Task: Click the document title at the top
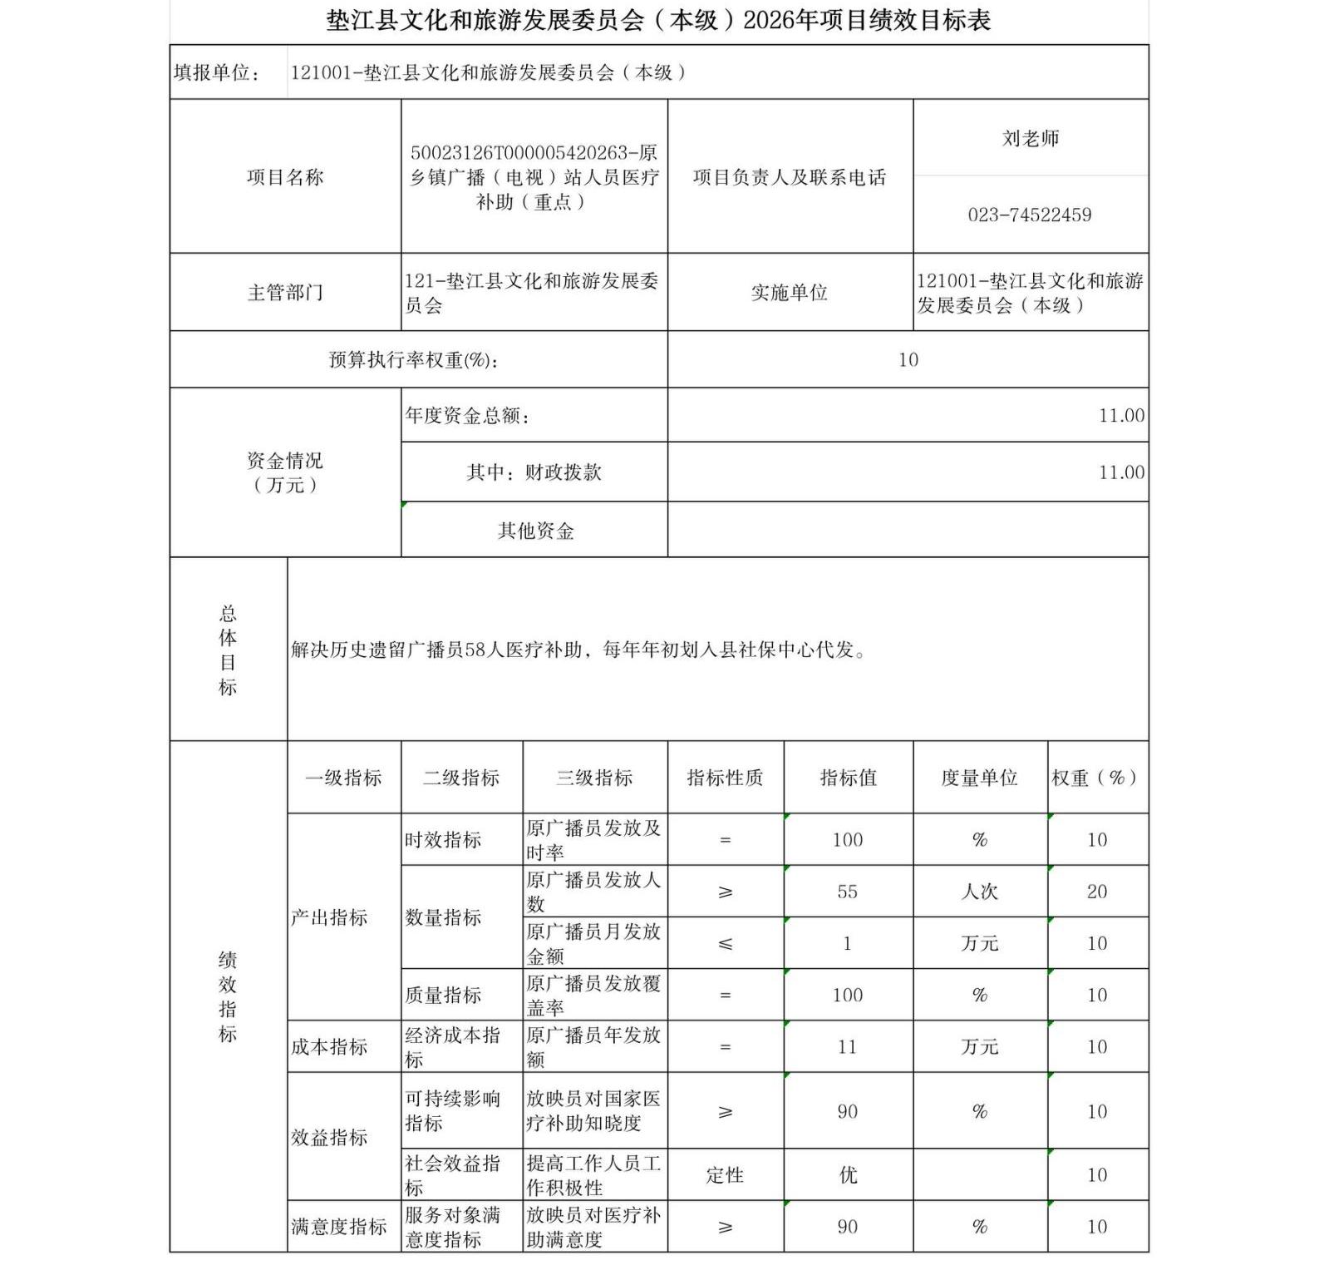tap(658, 20)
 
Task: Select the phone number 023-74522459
tap(1029, 215)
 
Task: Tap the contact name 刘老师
tap(1030, 138)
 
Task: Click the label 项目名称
tap(284, 177)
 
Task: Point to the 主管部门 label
tap(284, 293)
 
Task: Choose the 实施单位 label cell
tap(789, 293)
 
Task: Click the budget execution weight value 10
tap(908, 360)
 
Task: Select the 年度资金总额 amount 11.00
tap(1120, 416)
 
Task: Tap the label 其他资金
tap(535, 531)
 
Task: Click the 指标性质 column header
tap(725, 778)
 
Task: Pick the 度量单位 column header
tap(979, 778)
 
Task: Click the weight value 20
tap(1096, 892)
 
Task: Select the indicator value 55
tap(847, 892)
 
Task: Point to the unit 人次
tap(979, 892)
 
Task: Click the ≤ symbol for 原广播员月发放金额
tap(725, 944)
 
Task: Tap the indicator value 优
tap(847, 1174)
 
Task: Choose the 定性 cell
tap(725, 1174)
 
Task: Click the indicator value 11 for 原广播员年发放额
tap(847, 1047)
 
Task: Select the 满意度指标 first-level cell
tap(338, 1227)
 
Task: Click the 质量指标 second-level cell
tap(443, 996)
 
